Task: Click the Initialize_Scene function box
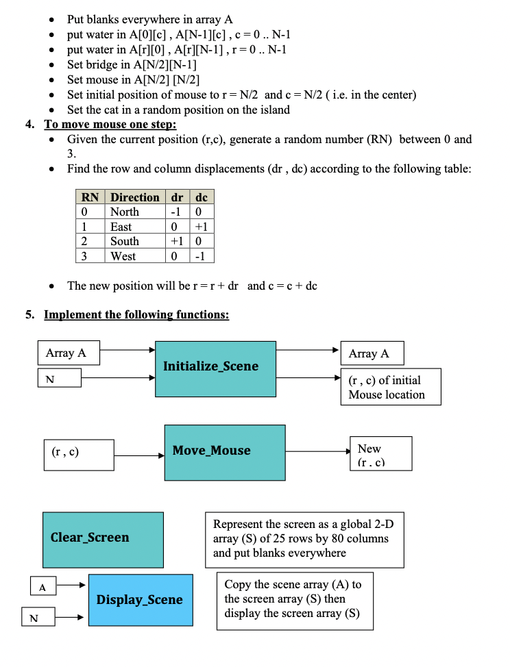click(210, 368)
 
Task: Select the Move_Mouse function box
click(224, 452)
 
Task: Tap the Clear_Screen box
click(103, 538)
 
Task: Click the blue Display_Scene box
click(140, 601)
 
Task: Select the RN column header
click(90, 197)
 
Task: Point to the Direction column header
click(135, 197)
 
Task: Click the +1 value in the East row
click(201, 227)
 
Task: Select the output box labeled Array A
click(372, 353)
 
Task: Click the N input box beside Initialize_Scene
click(59, 377)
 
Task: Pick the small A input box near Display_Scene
click(42, 587)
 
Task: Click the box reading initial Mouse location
click(390, 388)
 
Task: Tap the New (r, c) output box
click(380, 453)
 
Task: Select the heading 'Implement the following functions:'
click(136, 315)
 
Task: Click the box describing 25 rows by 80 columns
click(304, 538)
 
